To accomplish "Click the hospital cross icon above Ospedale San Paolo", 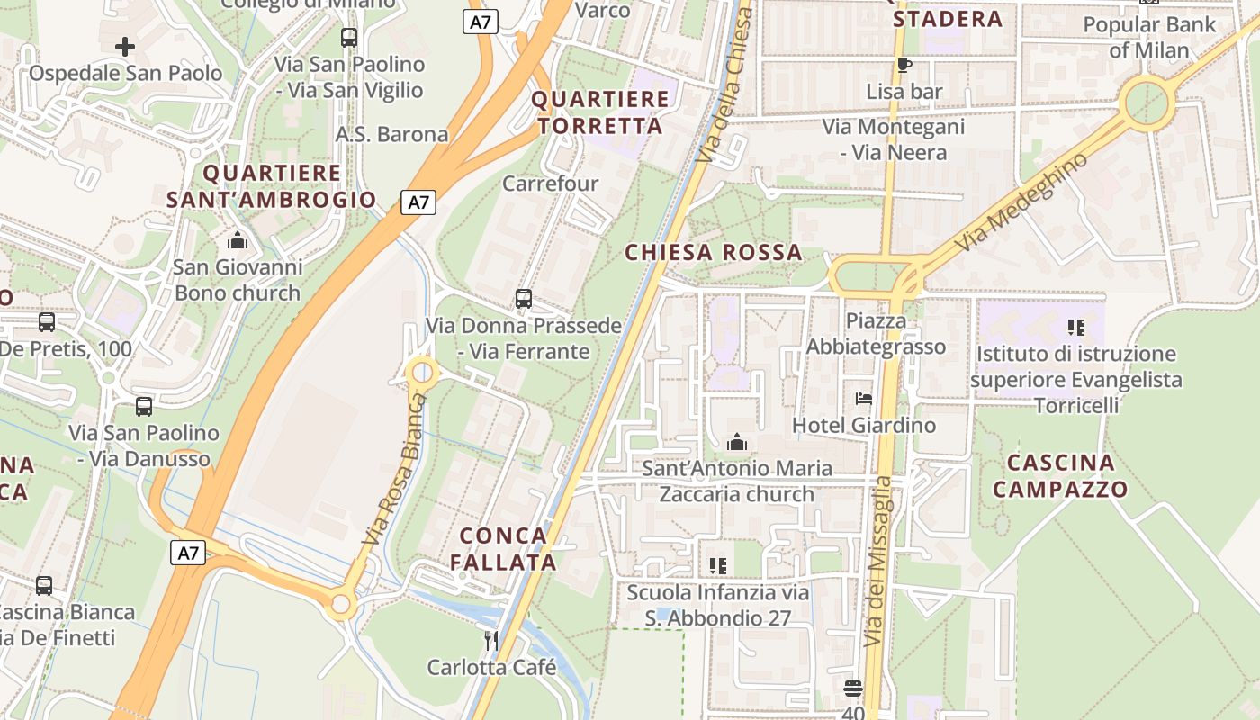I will click(125, 46).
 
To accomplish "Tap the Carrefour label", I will click(550, 184).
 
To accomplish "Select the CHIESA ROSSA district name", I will click(714, 253).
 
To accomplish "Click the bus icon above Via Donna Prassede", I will click(524, 299).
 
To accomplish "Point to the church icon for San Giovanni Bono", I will click(238, 240).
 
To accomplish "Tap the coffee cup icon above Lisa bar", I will click(904, 65).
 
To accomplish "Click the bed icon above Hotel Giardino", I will click(864, 398).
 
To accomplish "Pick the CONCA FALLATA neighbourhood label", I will click(503, 549).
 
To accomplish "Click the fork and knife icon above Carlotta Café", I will click(491, 641).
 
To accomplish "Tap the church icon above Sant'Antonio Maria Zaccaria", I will click(737, 442).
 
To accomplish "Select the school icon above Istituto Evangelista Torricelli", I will click(1075, 327).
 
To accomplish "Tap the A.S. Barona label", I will click(391, 134).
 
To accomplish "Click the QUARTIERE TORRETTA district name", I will click(600, 112).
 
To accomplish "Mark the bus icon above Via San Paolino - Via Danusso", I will click(144, 407).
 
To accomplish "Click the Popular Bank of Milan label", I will click(1149, 37).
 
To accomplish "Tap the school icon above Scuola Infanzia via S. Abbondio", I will click(718, 566).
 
